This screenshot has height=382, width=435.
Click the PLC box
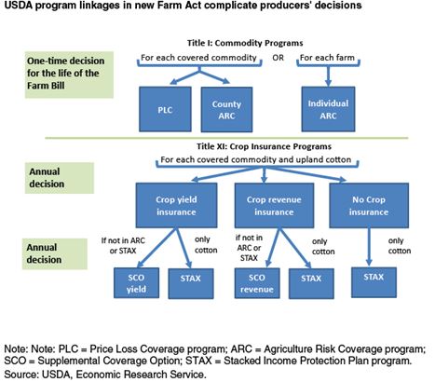165,109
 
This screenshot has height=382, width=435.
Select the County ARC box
226,110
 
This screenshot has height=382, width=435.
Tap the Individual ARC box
328,109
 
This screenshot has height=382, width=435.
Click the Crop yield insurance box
176,205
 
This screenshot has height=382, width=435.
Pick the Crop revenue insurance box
274,205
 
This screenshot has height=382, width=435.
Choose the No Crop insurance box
369,205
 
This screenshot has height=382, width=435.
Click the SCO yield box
136,283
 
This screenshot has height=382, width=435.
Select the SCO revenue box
257,283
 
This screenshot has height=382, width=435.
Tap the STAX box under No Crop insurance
374,282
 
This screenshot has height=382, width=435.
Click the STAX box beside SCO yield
191,283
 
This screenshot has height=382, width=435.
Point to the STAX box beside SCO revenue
311,283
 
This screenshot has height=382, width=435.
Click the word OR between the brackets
278,58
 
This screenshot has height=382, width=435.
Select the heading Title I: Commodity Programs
245,43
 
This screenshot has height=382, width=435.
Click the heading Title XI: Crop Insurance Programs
264,146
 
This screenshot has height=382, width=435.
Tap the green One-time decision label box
69,75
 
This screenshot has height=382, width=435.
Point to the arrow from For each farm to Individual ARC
328,76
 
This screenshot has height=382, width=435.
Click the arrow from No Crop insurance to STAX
369,247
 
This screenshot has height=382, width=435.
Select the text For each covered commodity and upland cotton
256,159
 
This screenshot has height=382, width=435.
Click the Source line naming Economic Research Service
105,375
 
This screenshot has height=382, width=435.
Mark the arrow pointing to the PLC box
184,77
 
